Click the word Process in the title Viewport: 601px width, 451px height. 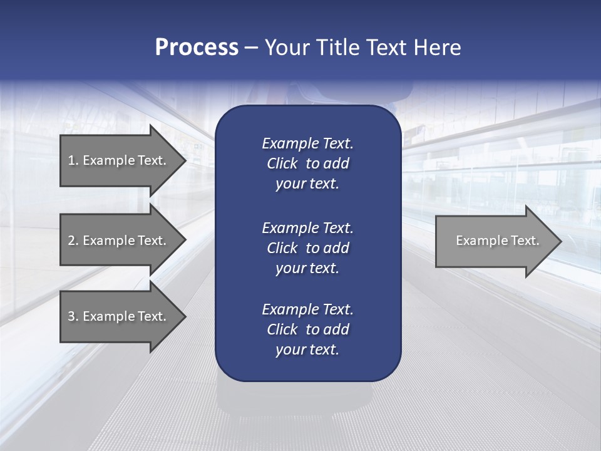click(197, 48)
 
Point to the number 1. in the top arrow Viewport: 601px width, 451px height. click(73, 160)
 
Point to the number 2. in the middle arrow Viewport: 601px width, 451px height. click(73, 241)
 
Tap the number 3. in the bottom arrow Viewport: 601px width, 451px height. click(73, 316)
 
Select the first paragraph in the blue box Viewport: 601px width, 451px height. click(307, 163)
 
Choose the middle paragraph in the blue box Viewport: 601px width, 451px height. click(307, 248)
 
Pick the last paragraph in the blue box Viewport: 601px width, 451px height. click(307, 329)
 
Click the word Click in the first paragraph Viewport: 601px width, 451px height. click(282, 163)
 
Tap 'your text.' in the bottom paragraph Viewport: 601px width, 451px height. click(307, 350)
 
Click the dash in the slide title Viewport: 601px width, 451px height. click(252, 48)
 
